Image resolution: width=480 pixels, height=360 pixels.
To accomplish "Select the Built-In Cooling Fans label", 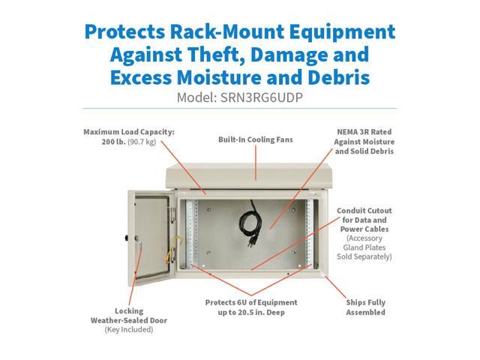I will click(255, 139).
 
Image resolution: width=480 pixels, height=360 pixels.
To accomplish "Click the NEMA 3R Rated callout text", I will click(365, 131).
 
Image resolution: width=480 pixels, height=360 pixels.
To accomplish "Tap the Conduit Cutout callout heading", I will click(364, 211).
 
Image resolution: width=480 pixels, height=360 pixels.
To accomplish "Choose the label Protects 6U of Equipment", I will click(251, 302).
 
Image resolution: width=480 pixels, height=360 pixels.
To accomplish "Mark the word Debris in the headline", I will click(331, 77).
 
